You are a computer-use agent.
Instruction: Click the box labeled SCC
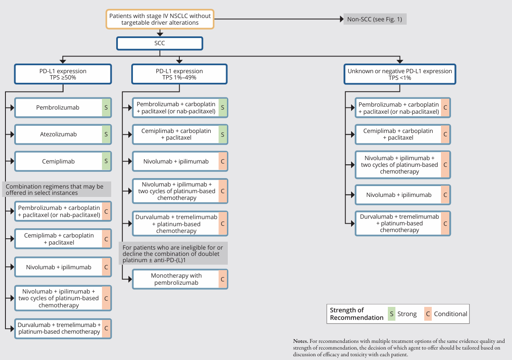(x=160, y=43)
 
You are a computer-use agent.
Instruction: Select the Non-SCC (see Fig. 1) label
(x=375, y=19)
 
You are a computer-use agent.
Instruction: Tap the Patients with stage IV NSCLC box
(x=160, y=19)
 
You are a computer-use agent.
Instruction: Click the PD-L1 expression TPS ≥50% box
(x=63, y=74)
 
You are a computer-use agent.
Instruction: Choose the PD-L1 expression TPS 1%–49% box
(x=179, y=74)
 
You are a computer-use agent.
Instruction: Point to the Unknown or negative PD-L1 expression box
(x=400, y=74)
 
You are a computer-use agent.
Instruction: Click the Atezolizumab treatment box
(x=63, y=134)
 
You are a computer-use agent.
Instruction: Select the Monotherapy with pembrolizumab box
(x=180, y=279)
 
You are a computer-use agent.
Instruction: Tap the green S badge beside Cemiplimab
(x=106, y=161)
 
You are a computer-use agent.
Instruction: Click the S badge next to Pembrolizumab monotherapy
(x=106, y=107)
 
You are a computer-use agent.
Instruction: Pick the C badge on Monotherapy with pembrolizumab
(x=223, y=279)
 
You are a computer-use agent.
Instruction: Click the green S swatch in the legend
(x=392, y=314)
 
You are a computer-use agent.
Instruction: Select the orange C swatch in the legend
(x=428, y=314)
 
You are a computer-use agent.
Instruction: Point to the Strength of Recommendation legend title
(x=357, y=314)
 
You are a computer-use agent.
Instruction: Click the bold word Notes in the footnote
(x=301, y=341)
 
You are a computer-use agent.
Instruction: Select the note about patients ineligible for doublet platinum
(x=173, y=253)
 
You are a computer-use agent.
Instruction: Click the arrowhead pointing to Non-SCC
(x=342, y=19)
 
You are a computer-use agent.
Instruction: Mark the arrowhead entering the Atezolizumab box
(x=13, y=134)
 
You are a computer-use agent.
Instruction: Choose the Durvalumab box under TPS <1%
(x=403, y=223)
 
